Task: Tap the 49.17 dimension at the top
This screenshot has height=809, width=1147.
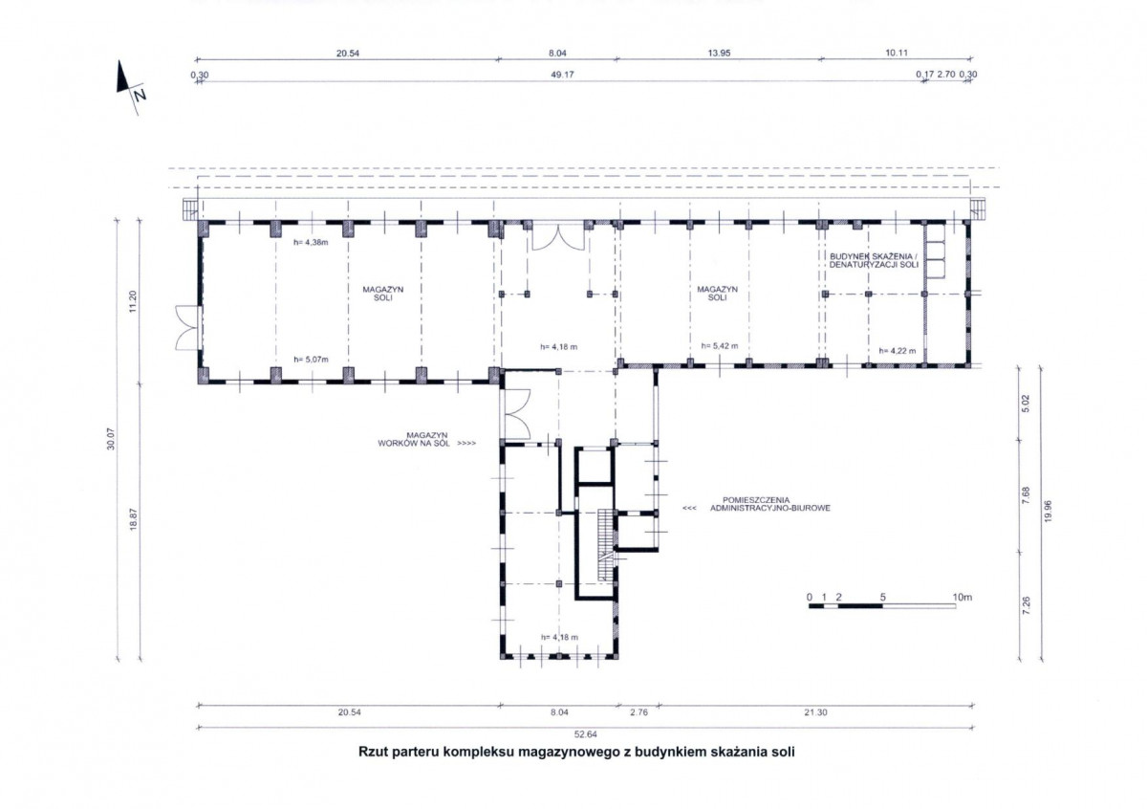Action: (x=562, y=75)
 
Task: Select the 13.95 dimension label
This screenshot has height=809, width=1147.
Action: (x=719, y=53)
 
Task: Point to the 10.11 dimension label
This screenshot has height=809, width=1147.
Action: (x=897, y=53)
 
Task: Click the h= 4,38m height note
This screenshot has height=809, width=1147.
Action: (x=311, y=242)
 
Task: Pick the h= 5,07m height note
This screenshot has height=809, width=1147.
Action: (x=311, y=360)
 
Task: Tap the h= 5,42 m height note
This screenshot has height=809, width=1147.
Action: (x=720, y=346)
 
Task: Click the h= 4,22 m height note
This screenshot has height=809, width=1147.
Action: (x=898, y=351)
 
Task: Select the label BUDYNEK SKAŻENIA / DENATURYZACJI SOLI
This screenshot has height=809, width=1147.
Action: (x=874, y=260)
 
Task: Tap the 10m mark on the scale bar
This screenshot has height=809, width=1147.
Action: (x=963, y=597)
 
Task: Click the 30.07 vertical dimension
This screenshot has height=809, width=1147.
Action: (x=111, y=439)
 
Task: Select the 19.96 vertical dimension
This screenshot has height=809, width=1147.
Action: (x=1048, y=512)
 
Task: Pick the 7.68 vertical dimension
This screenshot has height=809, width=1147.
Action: (x=1026, y=495)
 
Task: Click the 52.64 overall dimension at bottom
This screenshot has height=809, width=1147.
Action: (x=585, y=734)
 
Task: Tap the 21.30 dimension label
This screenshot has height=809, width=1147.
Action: (x=815, y=712)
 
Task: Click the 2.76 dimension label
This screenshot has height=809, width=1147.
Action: (x=638, y=712)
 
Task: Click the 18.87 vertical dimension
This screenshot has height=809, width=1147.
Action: (x=133, y=519)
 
